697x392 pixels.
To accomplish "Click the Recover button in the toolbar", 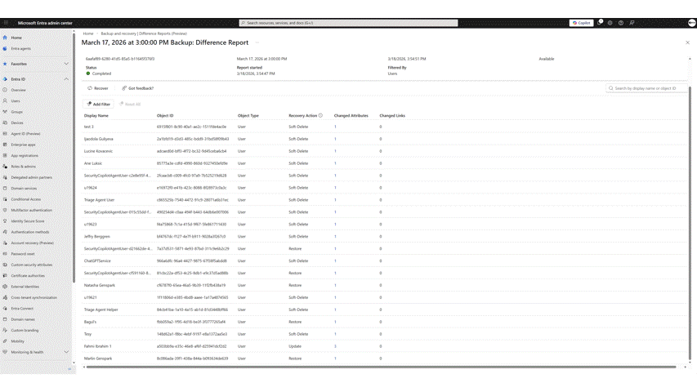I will [98, 88].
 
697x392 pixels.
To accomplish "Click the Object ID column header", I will [165, 116].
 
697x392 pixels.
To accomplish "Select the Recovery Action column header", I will [302, 116].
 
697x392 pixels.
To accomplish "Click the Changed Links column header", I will [392, 116].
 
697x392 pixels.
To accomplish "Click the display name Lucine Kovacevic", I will [99, 151].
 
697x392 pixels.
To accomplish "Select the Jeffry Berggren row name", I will [97, 237].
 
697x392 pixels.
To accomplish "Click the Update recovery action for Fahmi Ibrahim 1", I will [295, 346].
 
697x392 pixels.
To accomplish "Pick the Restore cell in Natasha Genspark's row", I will [295, 286].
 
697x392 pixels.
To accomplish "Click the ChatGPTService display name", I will [97, 261].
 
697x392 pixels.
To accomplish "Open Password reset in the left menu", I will [23, 254].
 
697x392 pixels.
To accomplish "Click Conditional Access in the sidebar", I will [25, 199].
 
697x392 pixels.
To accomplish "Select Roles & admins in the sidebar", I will [24, 167].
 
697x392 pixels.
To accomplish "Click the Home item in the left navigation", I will [16, 38].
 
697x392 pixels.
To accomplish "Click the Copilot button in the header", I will [581, 23].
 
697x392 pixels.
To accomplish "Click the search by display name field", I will [646, 88].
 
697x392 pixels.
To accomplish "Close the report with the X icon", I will [687, 42].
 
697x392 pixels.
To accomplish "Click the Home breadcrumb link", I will [87, 33].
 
